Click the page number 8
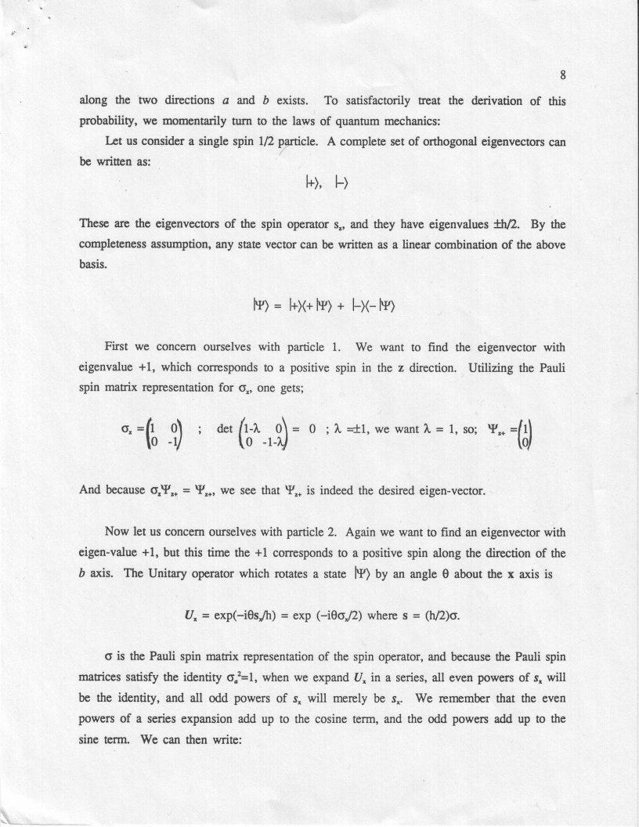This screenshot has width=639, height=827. [563, 77]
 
